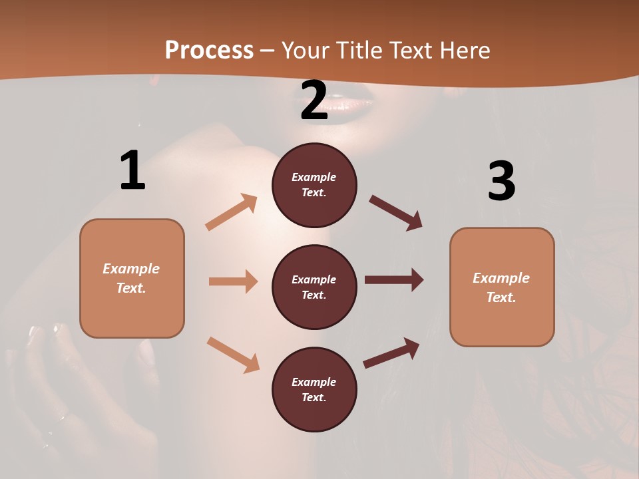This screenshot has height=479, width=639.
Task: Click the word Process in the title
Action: point(209,50)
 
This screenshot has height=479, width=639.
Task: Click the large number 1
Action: point(132,171)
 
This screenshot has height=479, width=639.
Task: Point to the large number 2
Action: point(314,101)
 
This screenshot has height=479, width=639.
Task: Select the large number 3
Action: point(501,181)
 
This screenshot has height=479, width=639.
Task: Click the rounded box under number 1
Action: point(132,278)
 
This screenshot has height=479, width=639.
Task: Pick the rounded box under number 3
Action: point(502,287)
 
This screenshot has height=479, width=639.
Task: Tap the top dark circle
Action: point(314,185)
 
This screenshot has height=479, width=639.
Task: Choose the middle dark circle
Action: point(314,287)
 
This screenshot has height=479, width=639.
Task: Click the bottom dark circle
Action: point(314,389)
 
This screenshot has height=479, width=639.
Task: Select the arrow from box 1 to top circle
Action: point(232,212)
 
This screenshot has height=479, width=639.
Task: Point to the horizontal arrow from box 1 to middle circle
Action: point(233,281)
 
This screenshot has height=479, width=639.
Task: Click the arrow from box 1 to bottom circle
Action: point(233,354)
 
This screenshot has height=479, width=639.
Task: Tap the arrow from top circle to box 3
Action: point(396,212)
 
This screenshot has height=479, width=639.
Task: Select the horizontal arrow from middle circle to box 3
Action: point(394,280)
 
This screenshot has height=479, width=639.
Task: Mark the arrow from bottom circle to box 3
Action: point(392,353)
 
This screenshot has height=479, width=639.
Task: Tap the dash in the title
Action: point(267,51)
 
